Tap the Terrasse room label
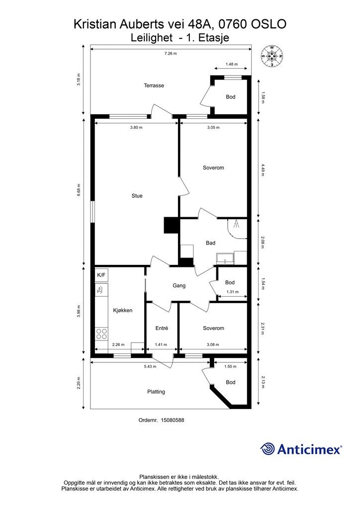point(154,85)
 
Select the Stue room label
point(137,196)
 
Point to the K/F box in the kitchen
point(101,275)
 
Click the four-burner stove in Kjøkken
point(101,334)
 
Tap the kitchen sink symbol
point(101,289)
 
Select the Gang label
point(179,286)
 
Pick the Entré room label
point(162,328)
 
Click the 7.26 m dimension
point(171,54)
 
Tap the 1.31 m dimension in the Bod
point(232,292)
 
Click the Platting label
point(156,392)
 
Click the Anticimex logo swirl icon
point(268,449)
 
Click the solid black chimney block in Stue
point(172,225)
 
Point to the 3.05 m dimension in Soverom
point(213,128)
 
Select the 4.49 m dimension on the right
point(263,169)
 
